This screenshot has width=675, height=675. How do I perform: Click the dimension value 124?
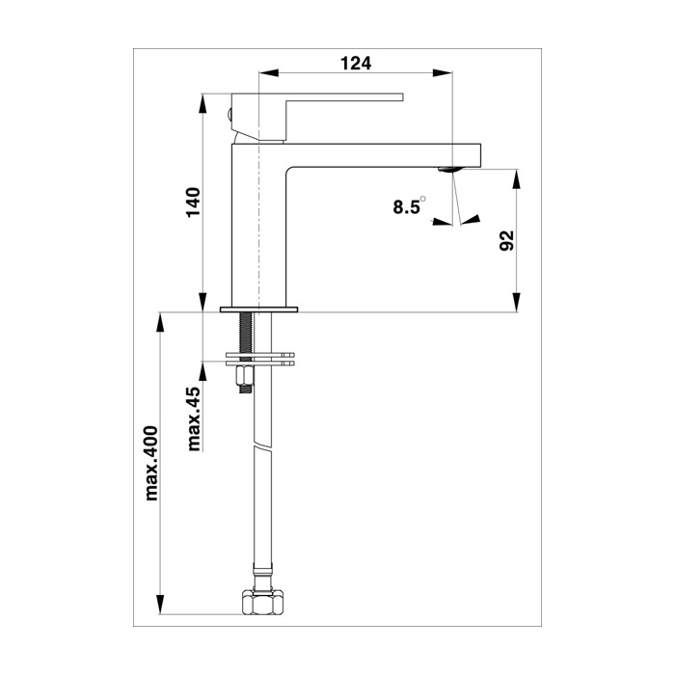tap(356, 64)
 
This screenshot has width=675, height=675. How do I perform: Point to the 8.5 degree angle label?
tap(408, 206)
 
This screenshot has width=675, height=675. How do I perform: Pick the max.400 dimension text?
tap(150, 463)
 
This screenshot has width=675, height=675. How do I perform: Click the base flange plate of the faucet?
tap(258, 310)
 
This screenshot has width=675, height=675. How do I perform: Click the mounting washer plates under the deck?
tap(258, 359)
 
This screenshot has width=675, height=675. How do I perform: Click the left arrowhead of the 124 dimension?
tap(266, 72)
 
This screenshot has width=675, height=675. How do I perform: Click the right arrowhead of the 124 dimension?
tap(446, 72)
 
